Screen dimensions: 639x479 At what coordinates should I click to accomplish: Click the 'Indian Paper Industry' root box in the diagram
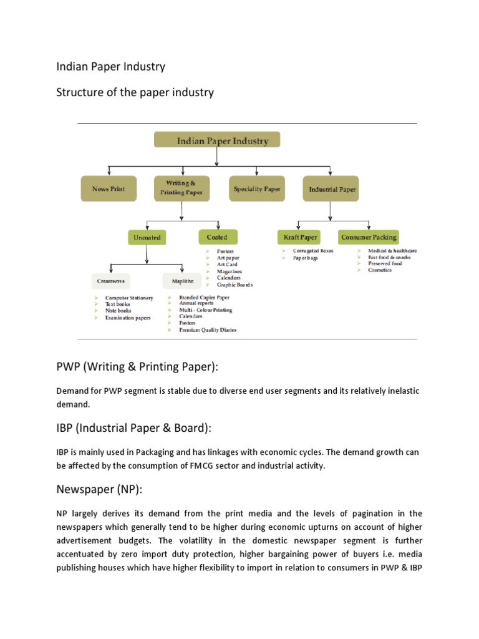(x=217, y=140)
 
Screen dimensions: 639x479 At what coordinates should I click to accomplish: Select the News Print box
(x=109, y=188)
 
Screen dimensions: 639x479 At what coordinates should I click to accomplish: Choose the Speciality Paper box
(x=257, y=188)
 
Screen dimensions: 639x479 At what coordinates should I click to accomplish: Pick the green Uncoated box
(x=147, y=238)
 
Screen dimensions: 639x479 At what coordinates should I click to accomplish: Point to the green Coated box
(x=218, y=237)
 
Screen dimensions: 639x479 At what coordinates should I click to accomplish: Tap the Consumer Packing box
(x=368, y=237)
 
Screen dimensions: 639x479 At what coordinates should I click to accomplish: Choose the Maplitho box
(x=181, y=281)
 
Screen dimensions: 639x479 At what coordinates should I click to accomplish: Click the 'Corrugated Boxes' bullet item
(x=313, y=251)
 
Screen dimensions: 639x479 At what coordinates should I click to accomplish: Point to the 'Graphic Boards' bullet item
(x=235, y=285)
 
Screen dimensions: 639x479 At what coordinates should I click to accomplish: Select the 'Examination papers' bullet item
(x=128, y=318)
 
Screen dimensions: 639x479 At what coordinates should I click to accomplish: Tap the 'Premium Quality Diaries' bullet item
(x=208, y=329)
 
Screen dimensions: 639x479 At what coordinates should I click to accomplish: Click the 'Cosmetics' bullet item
(x=380, y=270)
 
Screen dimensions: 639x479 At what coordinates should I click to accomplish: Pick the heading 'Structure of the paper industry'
(x=135, y=92)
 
